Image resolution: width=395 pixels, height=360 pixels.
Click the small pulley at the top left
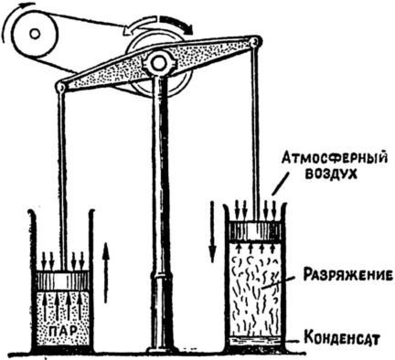pyautogui.click(x=34, y=36)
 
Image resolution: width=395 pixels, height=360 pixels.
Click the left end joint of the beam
pyautogui.click(x=61, y=87)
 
